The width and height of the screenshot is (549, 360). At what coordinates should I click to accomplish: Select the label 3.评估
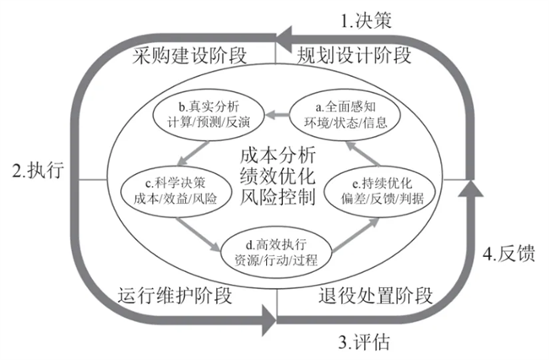click(x=365, y=343)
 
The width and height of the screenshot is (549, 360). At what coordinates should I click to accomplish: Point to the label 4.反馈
click(x=508, y=254)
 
